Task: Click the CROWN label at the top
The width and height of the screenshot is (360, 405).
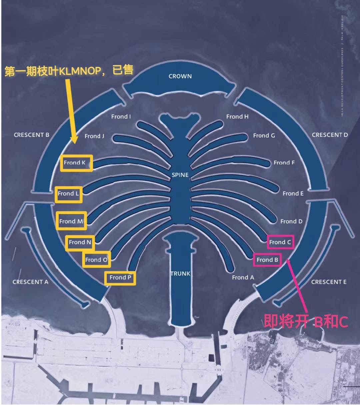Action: [x=180, y=76]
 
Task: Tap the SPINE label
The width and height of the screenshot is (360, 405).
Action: [x=180, y=175]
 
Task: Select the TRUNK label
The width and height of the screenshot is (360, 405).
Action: [x=180, y=274]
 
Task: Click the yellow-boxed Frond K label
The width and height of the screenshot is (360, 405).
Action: [x=76, y=163]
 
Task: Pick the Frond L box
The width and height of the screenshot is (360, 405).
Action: [x=69, y=194]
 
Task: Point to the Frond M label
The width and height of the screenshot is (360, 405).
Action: [x=71, y=221]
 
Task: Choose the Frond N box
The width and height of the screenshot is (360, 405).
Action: [x=80, y=242]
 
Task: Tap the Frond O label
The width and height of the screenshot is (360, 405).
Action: [x=96, y=260]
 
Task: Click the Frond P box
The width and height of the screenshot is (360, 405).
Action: [x=120, y=278]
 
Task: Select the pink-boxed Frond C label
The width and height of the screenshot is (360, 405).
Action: [x=280, y=242]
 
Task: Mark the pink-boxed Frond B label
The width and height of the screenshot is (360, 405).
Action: [x=267, y=260]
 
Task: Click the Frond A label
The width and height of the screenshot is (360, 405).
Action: [x=243, y=277]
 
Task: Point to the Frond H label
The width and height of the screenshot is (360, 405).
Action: [x=237, y=117]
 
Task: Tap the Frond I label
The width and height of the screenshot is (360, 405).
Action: [x=121, y=117]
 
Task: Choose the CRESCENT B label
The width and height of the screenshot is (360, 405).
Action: [x=32, y=135]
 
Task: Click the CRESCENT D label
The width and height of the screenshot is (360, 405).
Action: [x=330, y=135]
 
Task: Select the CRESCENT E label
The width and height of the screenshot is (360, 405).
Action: [x=329, y=282]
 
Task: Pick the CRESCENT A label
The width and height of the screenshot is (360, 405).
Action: [x=30, y=282]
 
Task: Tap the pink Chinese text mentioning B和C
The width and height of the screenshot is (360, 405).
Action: [x=306, y=321]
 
